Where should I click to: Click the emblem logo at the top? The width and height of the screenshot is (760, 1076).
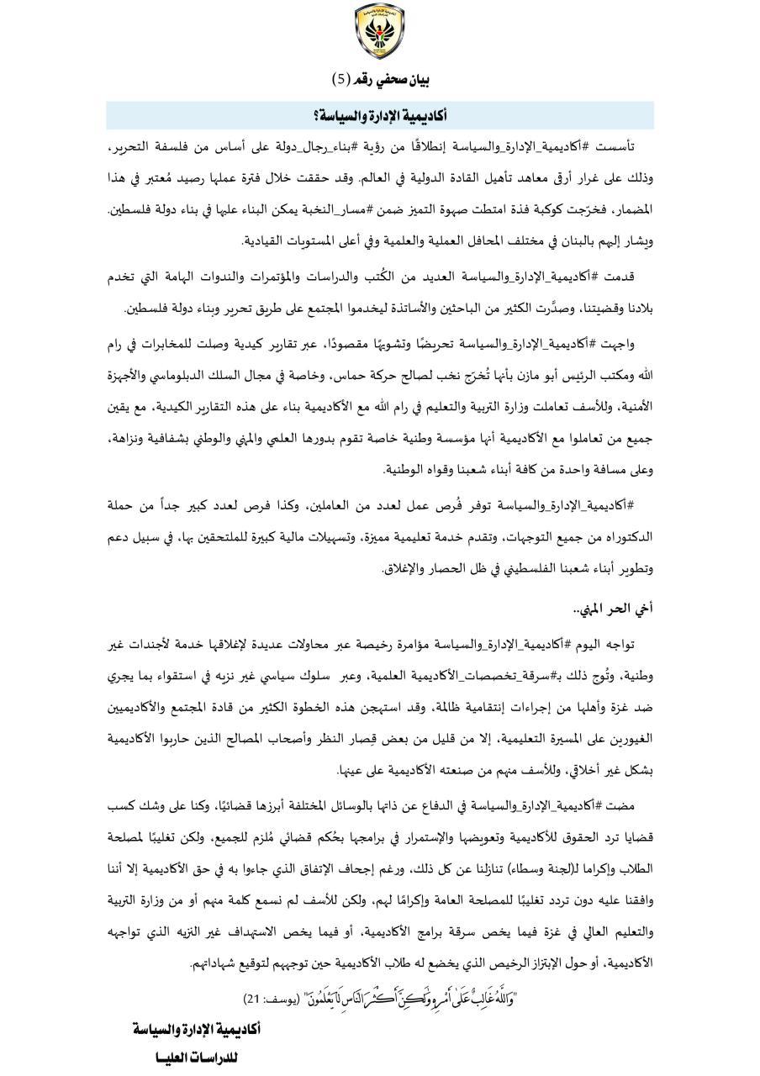[379, 30]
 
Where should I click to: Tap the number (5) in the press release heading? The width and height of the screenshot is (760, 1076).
[340, 80]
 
